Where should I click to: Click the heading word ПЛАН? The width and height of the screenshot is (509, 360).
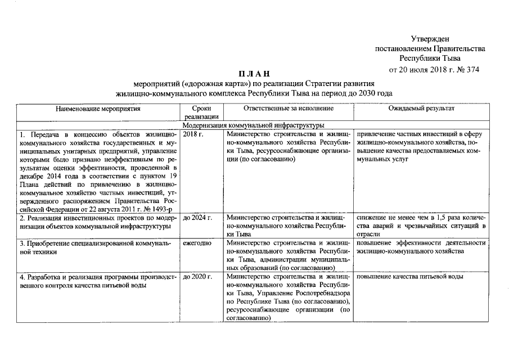pyautogui.click(x=254, y=74)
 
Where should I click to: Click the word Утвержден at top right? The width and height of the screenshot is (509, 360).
pyautogui.click(x=430, y=38)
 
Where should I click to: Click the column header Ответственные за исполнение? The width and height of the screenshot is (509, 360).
pyautogui.click(x=289, y=107)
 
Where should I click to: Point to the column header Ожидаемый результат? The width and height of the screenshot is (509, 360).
pyautogui.click(x=421, y=107)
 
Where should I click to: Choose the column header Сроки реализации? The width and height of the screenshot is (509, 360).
pyautogui.click(x=201, y=111)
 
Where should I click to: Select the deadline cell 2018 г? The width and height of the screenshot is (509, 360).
pyautogui.click(x=193, y=134)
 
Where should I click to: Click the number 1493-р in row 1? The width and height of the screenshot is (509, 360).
pyautogui.click(x=163, y=209)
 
